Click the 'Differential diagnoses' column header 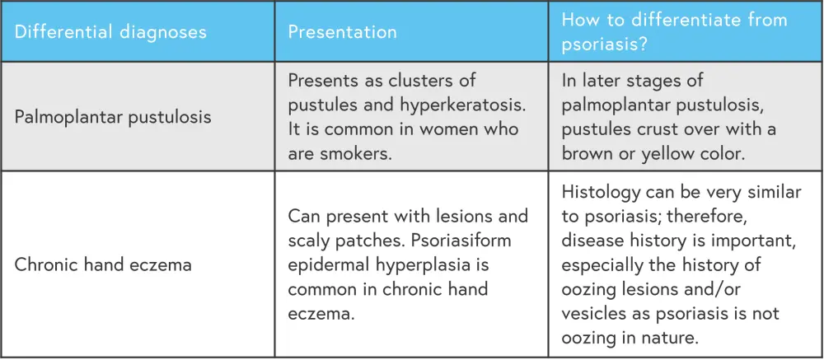[x=110, y=32]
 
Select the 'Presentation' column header [x=342, y=32]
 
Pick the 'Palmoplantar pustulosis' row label [x=112, y=116]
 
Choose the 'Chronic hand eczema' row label [x=102, y=264]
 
